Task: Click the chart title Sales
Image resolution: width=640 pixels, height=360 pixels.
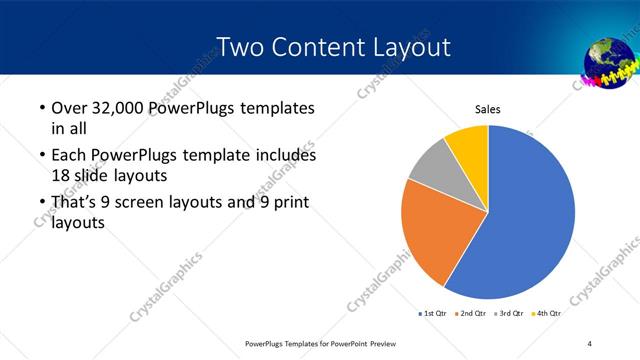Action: click(x=487, y=109)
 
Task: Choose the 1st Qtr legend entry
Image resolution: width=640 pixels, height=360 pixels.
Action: click(x=434, y=314)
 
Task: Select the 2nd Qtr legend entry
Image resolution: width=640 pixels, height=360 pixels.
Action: click(x=472, y=314)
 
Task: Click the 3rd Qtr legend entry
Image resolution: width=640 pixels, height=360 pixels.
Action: click(x=510, y=314)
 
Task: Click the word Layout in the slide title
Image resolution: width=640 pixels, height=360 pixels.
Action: click(x=410, y=46)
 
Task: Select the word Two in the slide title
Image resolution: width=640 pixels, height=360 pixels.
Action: click(x=241, y=46)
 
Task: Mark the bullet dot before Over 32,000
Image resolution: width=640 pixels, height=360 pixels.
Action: click(x=39, y=108)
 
